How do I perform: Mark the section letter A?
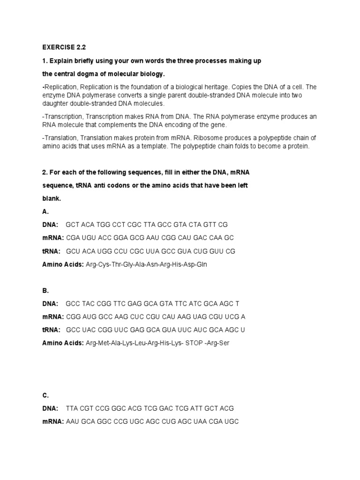click(x=45, y=211)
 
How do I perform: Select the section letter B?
click(x=45, y=290)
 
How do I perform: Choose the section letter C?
click(x=45, y=395)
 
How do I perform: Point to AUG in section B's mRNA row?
click(x=90, y=316)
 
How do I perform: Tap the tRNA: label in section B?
click(x=50, y=330)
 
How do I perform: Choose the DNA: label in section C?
click(x=50, y=408)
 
